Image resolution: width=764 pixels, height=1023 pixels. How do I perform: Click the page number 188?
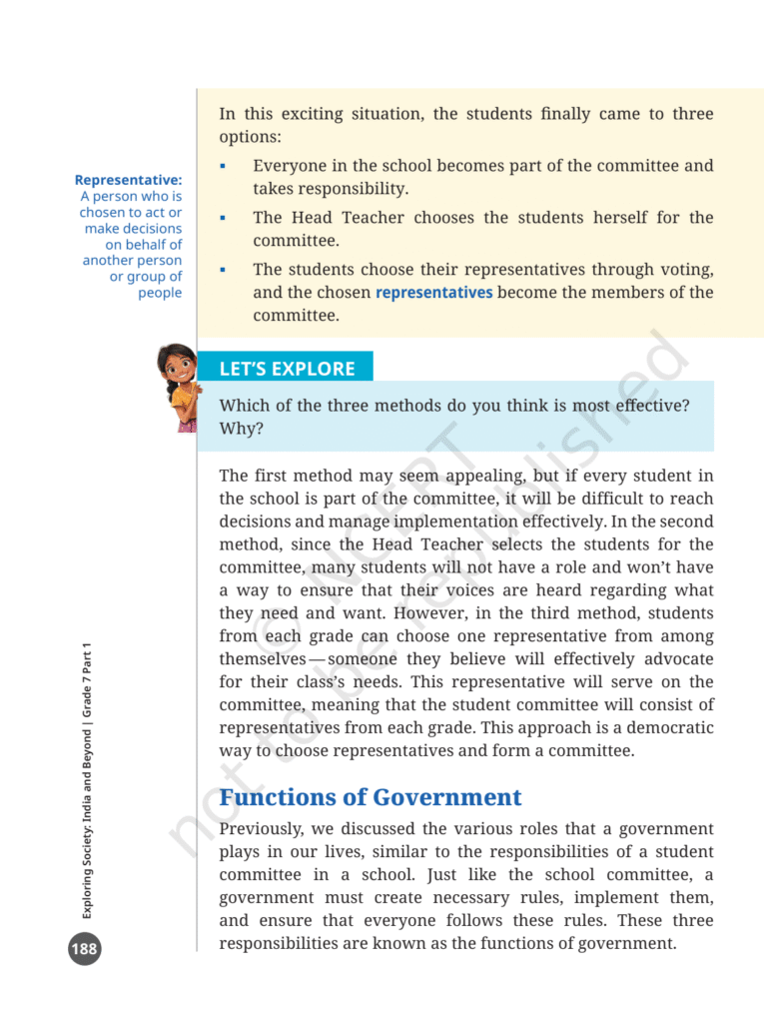point(84,948)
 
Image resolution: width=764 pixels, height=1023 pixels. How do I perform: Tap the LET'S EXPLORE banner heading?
point(287,369)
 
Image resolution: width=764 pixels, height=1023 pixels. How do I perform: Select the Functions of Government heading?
point(371,797)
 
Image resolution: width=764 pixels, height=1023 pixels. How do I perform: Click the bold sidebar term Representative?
point(128,180)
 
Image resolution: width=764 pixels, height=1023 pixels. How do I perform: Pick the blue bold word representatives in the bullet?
point(433,293)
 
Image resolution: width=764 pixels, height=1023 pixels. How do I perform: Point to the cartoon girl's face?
point(179,366)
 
